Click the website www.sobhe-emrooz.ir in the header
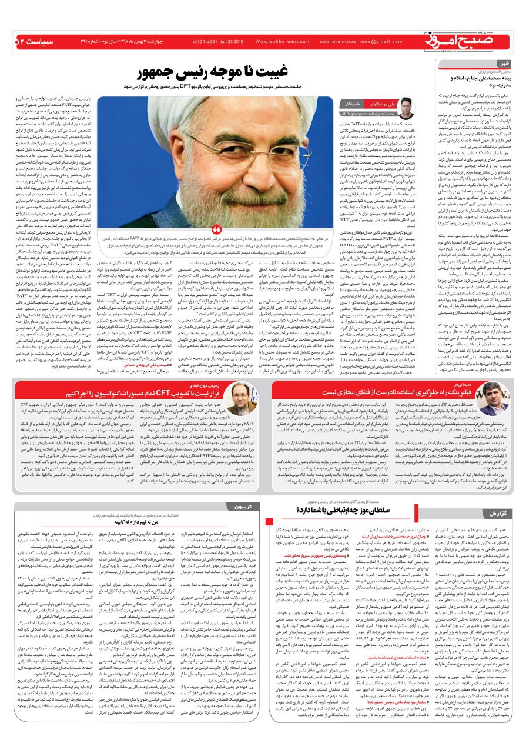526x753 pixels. pyautogui.click(x=276, y=42)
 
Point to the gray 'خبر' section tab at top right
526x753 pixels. pyautogui.click(x=505, y=64)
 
